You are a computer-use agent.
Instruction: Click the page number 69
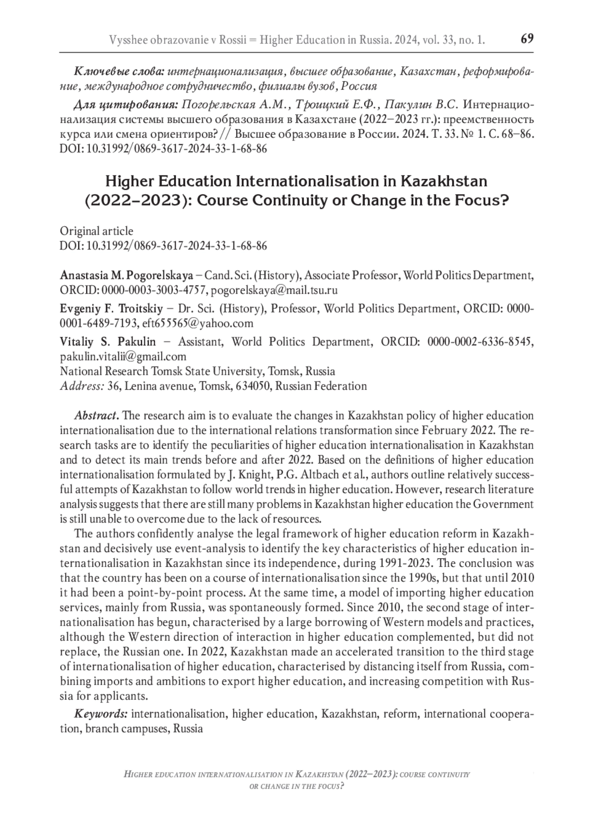527,39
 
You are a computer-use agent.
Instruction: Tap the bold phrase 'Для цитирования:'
126,105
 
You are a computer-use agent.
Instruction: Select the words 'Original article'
96,231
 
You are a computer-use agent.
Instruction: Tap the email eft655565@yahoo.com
198,324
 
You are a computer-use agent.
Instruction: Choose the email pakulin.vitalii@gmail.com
123,357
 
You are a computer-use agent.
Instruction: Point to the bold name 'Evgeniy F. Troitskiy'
111,309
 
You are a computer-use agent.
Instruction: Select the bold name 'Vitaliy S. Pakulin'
108,342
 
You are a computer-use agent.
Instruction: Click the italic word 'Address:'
82,386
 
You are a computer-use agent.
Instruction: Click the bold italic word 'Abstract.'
96,416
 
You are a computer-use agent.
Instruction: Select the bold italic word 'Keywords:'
101,714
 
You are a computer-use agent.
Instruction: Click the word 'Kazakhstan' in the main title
444,181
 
